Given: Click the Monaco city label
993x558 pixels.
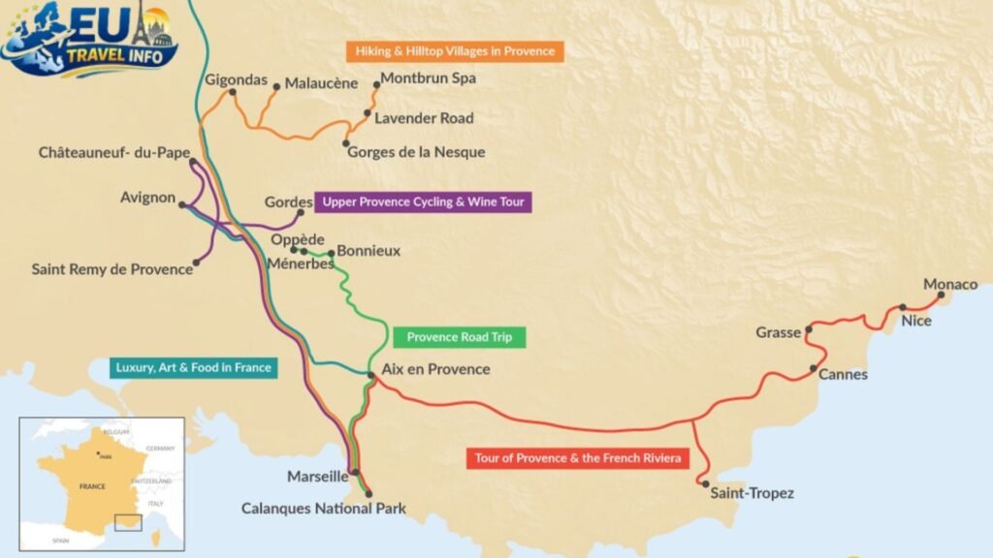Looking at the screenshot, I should [950, 284].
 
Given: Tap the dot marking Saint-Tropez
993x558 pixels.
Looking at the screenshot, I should [705, 484].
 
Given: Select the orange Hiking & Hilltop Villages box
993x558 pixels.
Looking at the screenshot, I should [455, 50].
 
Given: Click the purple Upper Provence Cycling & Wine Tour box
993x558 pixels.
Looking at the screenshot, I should [423, 201].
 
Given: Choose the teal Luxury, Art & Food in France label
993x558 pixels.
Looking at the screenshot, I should [193, 367].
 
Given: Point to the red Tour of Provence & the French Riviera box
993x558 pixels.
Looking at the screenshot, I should [577, 457].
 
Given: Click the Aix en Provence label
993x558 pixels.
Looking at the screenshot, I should [435, 369].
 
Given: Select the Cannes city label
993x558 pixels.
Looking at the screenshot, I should [843, 374].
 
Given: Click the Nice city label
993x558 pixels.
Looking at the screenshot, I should [915, 321].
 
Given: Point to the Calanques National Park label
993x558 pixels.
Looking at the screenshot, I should [323, 508].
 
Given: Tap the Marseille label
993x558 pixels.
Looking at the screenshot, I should [317, 477].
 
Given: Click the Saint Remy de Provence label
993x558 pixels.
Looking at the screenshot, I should [112, 269].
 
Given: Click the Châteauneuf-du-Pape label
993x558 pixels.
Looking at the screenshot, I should [114, 153].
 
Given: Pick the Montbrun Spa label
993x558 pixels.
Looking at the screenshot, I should [428, 78].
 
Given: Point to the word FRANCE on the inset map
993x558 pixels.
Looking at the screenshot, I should [92, 486].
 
